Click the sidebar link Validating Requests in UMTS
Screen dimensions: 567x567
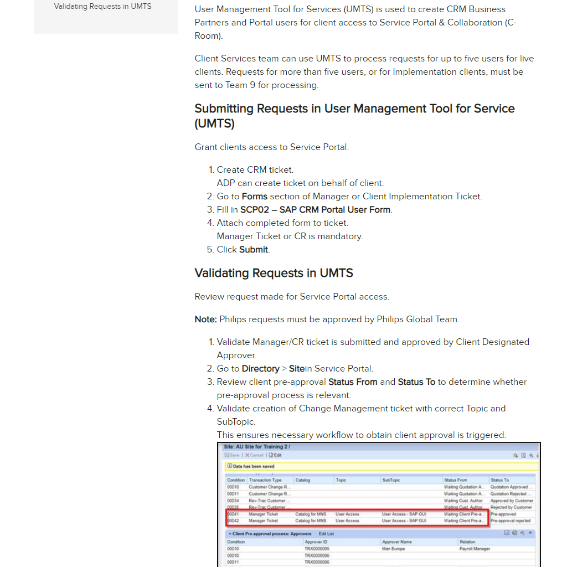[x=102, y=7]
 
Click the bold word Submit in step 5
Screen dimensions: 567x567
[x=254, y=250]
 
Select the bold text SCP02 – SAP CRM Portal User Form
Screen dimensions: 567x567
[x=316, y=210]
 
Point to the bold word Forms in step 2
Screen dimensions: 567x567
[x=255, y=197]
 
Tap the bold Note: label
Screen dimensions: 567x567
[x=205, y=319]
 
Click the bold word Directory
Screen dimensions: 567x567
[x=260, y=369]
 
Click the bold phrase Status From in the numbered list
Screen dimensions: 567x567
[x=353, y=382]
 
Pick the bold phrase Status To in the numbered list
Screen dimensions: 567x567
[x=416, y=382]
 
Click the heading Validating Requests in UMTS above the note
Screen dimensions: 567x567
[x=274, y=273]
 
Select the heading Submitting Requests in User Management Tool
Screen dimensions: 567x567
[x=354, y=116]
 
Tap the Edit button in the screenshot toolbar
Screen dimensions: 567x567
[x=275, y=455]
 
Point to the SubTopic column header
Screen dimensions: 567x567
[x=391, y=480]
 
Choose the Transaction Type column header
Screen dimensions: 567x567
[x=265, y=480]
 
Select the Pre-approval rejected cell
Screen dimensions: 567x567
[x=510, y=521]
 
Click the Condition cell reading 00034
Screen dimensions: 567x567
[x=233, y=501]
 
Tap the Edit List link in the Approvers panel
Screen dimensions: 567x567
[x=326, y=534]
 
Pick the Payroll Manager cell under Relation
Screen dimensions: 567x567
[x=475, y=549]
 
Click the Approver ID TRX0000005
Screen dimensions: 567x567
[x=317, y=549]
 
